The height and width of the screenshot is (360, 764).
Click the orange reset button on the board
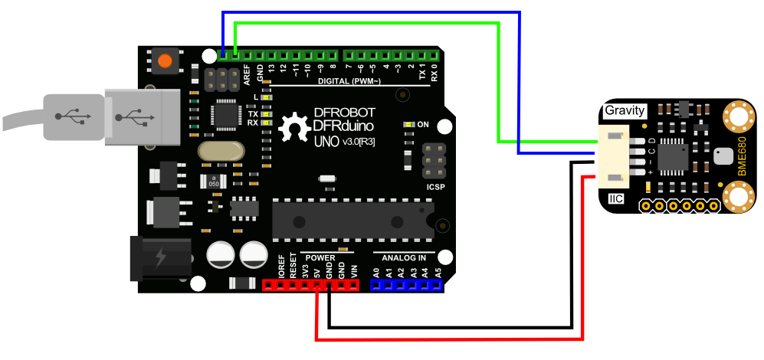tap(163, 60)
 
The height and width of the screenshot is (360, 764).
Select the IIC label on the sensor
tap(616, 199)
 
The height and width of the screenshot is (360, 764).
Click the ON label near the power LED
tap(423, 124)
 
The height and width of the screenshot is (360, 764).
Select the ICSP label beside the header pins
tap(434, 187)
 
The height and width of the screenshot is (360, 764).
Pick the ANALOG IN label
tap(404, 257)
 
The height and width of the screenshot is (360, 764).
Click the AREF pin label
tap(248, 74)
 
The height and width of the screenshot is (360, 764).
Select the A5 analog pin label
tap(438, 271)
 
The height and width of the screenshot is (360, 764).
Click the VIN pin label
tap(353, 270)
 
